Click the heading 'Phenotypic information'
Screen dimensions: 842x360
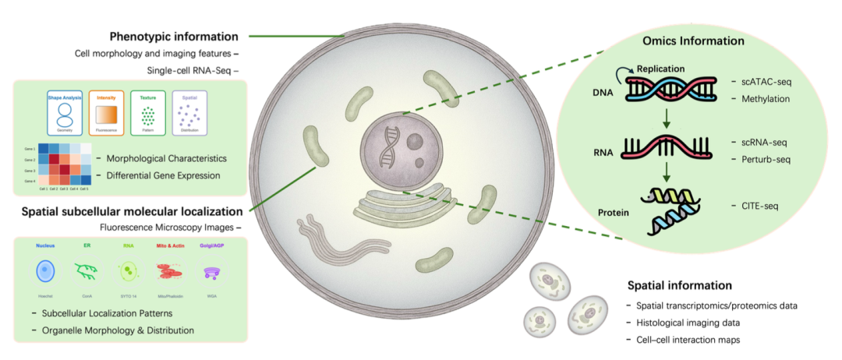pyautogui.click(x=174, y=36)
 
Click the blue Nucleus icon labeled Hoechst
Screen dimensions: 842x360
pyautogui.click(x=45, y=271)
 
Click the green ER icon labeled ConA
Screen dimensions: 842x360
pyautogui.click(x=86, y=271)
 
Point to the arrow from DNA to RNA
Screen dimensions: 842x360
pyautogui.click(x=664, y=119)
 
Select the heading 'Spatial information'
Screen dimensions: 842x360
pyautogui.click(x=679, y=285)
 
